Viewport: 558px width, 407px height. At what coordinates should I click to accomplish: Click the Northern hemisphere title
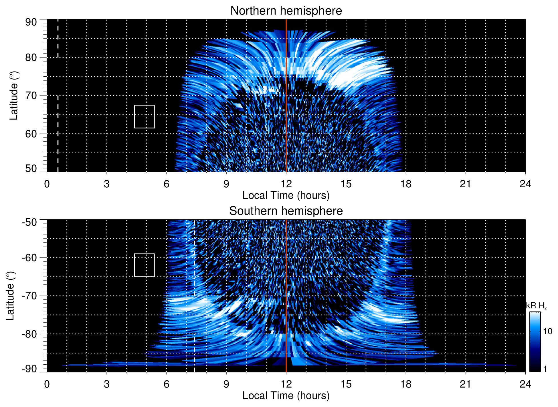[x=286, y=11]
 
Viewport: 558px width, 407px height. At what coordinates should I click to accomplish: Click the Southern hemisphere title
[x=286, y=211]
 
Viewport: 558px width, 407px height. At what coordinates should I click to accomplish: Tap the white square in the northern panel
[x=144, y=116]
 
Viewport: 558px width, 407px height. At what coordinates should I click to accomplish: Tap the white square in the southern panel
[x=144, y=265]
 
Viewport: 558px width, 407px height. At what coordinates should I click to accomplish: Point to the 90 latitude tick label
[x=31, y=22]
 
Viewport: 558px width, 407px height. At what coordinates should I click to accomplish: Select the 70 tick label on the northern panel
[x=31, y=96]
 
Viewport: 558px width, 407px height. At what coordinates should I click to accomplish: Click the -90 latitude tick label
[x=29, y=369]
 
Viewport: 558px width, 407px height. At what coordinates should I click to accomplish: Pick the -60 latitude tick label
[x=29, y=257]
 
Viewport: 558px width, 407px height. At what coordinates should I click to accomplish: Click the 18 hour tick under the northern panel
[x=406, y=184]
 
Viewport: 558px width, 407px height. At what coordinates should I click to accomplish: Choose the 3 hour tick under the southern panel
[x=107, y=384]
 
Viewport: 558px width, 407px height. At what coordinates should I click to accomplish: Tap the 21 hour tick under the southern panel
[x=466, y=384]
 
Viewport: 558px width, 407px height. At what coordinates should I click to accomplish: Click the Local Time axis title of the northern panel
[x=286, y=195]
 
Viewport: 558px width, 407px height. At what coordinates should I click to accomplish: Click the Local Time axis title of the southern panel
[x=286, y=396]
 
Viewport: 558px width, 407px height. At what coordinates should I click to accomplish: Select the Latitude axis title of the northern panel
[x=14, y=96]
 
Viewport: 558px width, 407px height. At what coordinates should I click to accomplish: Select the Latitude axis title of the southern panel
[x=10, y=296]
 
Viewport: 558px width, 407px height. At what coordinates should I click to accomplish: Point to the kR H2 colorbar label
[x=536, y=306]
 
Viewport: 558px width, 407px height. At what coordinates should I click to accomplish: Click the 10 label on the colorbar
[x=547, y=331]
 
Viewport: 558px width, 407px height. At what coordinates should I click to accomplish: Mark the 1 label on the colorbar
[x=545, y=369]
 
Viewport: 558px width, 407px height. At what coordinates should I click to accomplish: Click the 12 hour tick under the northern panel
[x=286, y=184]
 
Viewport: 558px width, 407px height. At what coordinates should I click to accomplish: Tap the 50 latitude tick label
[x=31, y=168]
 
